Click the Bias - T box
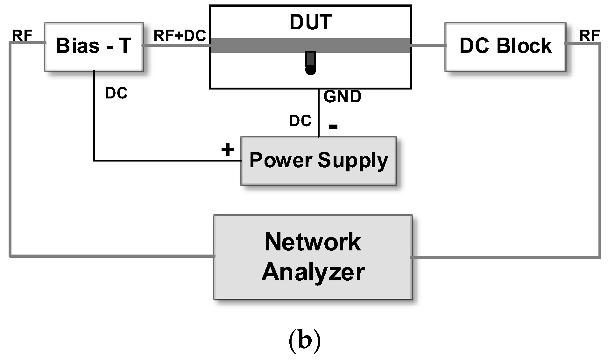94,47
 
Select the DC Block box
505,47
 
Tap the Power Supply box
318,161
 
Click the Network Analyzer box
313,257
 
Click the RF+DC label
180,36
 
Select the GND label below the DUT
343,97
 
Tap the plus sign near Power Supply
228,150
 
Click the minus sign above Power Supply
333,127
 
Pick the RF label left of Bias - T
22,36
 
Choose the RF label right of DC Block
590,36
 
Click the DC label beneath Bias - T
116,93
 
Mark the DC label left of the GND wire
300,121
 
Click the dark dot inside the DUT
311,70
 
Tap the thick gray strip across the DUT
255,45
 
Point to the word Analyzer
313,272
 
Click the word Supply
353,161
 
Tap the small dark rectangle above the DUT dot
311,59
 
